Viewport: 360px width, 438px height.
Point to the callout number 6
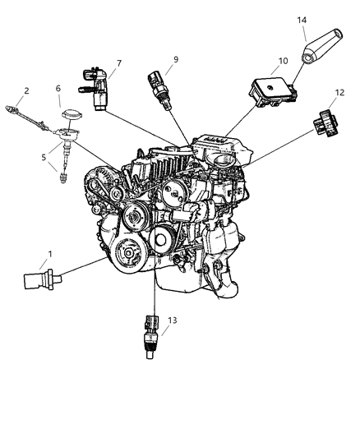[58, 89]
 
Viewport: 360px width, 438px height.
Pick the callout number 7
[118, 62]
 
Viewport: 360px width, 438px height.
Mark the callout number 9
[174, 59]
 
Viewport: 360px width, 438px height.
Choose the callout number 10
[259, 60]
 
